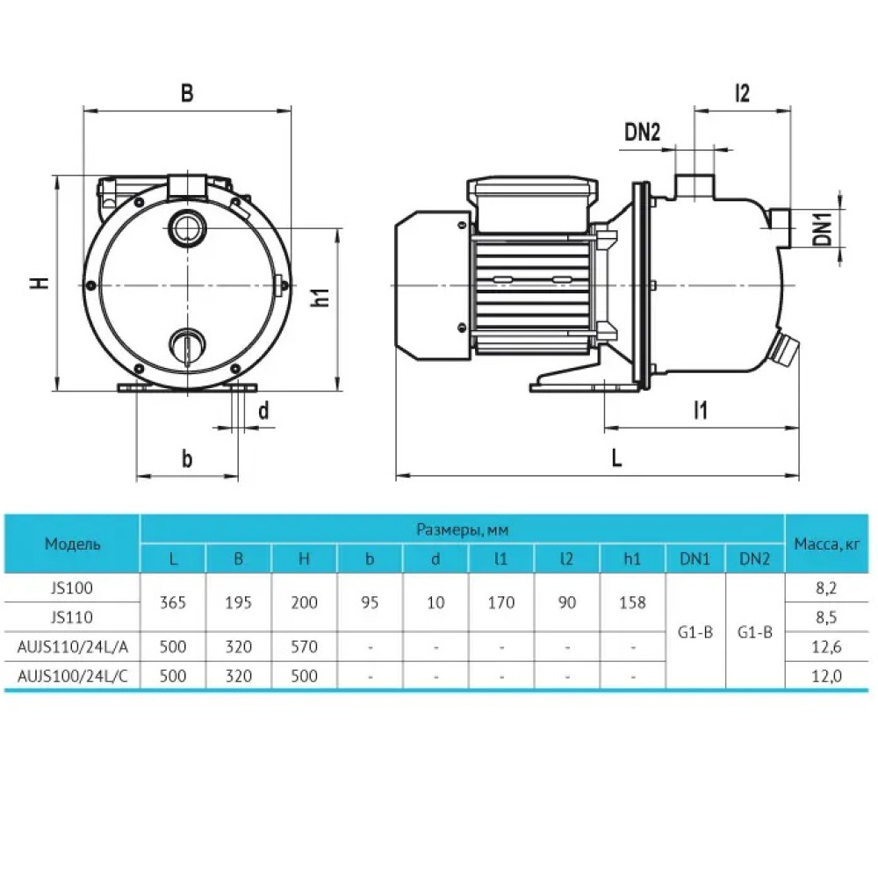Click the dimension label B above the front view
click(187, 93)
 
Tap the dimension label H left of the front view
click(40, 284)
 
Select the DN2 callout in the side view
click(643, 133)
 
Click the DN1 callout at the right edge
click(823, 227)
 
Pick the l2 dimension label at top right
click(742, 93)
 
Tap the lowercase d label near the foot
click(263, 410)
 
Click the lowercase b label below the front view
click(187, 458)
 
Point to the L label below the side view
click(616, 458)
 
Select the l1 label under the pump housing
click(701, 410)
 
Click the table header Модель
click(73, 543)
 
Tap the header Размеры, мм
click(463, 529)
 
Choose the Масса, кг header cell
click(826, 543)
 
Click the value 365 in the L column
click(172, 602)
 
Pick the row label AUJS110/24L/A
click(73, 647)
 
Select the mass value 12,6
click(826, 647)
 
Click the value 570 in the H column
click(304, 647)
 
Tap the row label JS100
click(72, 588)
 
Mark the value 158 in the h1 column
click(632, 602)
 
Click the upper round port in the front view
click(187, 227)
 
